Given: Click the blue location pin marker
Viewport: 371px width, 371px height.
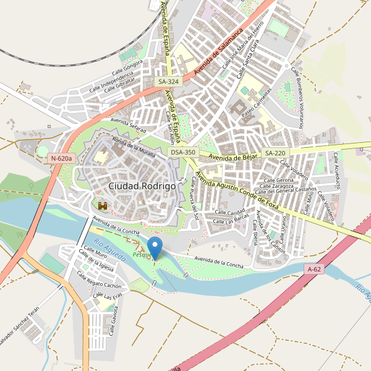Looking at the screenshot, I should (x=155, y=247).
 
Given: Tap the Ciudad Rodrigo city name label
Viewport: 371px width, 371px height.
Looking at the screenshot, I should (x=142, y=185).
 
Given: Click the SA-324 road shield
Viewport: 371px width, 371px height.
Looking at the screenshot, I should (x=168, y=82).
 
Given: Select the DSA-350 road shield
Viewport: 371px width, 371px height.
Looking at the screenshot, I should (x=183, y=152).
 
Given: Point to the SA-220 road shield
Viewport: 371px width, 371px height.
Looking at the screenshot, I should (x=275, y=153).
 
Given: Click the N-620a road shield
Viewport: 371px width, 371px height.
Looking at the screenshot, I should (x=62, y=158).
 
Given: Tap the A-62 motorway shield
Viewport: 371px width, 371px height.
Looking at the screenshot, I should (x=315, y=269).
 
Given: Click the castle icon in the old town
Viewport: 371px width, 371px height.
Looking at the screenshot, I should (x=103, y=205).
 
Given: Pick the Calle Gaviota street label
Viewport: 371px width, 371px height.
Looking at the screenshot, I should (x=114, y=322).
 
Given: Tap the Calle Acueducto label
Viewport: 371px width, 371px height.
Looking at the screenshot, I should (x=338, y=170).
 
